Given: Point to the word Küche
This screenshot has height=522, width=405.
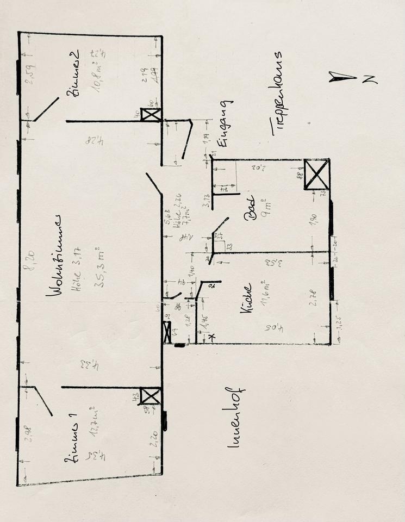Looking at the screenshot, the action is tap(246, 299).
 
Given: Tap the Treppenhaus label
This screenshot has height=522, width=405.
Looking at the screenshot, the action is tap(277, 93).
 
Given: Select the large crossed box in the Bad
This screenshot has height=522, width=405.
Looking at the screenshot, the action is tap(316, 174).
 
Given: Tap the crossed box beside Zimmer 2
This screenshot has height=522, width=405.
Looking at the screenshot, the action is tap(151, 115).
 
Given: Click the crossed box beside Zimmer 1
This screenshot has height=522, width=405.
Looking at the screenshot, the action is tap(149, 396).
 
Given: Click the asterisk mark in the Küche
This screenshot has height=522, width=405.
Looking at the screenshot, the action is tap(212, 338).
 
